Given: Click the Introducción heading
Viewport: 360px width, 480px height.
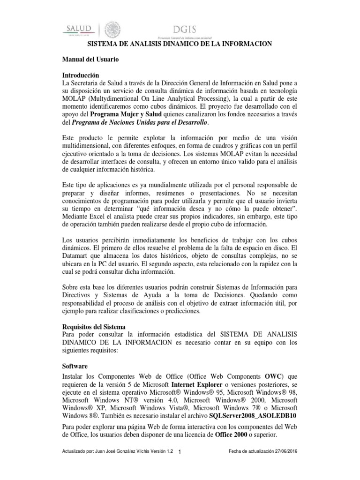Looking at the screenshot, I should pyautogui.click(x=81, y=75).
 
